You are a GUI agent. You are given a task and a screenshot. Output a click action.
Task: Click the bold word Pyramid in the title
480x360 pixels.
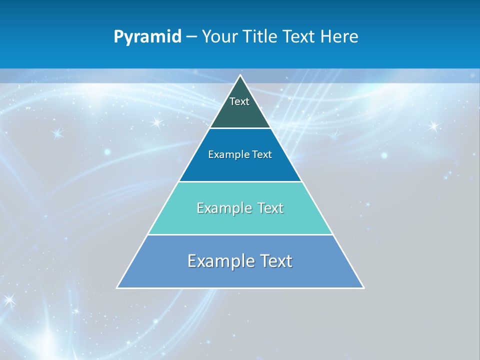[x=147, y=37]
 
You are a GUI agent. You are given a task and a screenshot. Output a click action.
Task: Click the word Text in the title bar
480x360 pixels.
[x=299, y=37]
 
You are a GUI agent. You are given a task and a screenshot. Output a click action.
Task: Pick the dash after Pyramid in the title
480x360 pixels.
[x=191, y=37]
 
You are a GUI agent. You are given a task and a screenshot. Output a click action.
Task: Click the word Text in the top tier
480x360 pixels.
[x=239, y=101]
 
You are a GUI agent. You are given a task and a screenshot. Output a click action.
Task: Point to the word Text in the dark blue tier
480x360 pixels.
[x=262, y=154]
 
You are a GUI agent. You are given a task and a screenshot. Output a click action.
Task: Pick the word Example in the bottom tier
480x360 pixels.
[x=220, y=261]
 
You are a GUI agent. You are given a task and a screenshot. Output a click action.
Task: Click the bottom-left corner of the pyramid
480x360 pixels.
[x=117, y=287]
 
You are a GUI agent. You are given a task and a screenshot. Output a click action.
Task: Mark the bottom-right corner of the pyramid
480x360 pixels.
[x=363, y=287]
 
